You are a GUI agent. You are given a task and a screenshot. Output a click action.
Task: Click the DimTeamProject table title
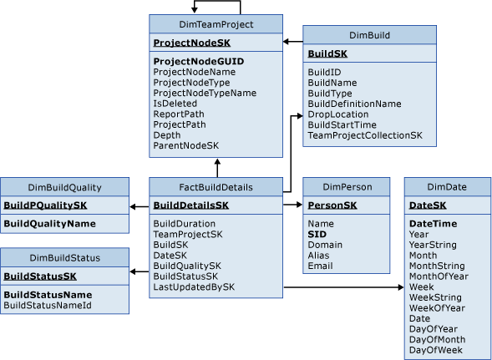coord(216,25)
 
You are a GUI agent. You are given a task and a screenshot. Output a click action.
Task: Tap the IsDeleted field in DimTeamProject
coord(174,104)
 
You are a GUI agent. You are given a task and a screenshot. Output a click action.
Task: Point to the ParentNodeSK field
coord(185,145)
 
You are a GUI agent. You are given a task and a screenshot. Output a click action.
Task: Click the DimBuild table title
coord(368,35)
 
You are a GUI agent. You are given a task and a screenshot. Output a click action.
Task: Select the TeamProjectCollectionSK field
coord(365,134)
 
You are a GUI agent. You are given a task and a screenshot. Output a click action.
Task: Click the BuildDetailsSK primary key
coord(191,205)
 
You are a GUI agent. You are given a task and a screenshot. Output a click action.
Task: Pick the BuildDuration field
coord(184,224)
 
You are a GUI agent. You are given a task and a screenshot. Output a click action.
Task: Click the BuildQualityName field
coord(48,223)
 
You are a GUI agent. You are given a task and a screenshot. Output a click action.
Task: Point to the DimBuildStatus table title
coord(64,257)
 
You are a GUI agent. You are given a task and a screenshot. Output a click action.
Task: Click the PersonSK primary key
coord(332,205)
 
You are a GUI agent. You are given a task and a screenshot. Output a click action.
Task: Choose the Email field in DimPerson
coord(321,266)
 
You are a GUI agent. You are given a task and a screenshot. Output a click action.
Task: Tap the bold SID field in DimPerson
coord(317,235)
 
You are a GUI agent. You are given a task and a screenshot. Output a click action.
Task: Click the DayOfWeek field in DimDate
coord(434,349)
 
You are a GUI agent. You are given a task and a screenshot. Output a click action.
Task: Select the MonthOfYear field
coord(440,276)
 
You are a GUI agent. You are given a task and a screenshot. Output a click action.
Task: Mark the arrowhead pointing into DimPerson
coord(297,205)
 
